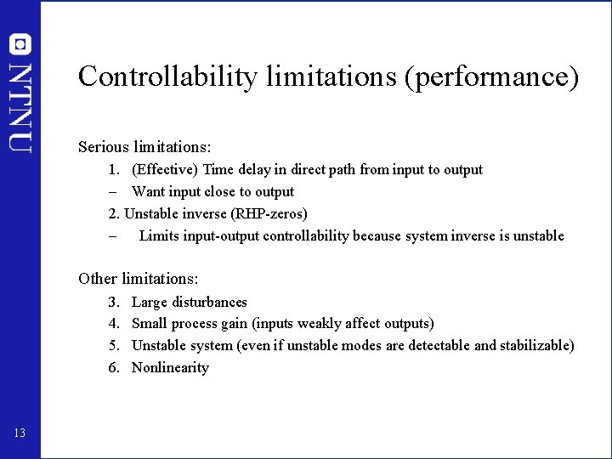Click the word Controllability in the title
click(x=167, y=77)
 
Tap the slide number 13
click(x=20, y=433)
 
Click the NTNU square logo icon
click(x=20, y=43)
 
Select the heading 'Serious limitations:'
click(x=144, y=147)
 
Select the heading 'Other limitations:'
click(x=138, y=279)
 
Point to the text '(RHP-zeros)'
click(x=269, y=214)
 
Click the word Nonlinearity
click(x=170, y=368)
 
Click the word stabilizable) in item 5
click(x=536, y=346)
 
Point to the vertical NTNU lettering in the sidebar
click(x=20, y=106)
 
